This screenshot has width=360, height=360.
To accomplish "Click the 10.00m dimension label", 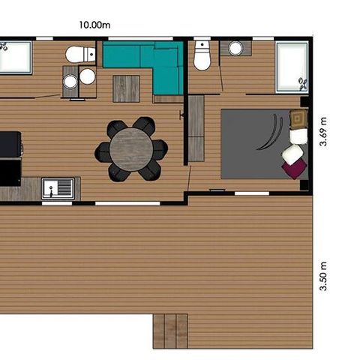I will pyautogui.click(x=95, y=25).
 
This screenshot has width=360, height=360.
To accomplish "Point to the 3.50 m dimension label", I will pyautogui.click(x=323, y=277).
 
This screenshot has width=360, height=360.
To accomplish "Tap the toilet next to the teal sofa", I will pyautogui.click(x=79, y=54).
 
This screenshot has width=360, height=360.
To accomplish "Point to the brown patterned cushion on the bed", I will pyautogui.click(x=298, y=118).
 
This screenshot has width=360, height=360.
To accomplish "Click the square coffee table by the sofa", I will pyautogui.click(x=126, y=88).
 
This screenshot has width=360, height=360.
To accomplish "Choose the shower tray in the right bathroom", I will pyautogui.click(x=292, y=66).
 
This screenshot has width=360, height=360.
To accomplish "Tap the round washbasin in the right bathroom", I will pyautogui.click(x=235, y=49).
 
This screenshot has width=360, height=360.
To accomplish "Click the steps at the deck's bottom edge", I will pyautogui.click(x=170, y=331).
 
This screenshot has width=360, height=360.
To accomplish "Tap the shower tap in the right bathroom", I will pyautogui.click(x=302, y=82).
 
